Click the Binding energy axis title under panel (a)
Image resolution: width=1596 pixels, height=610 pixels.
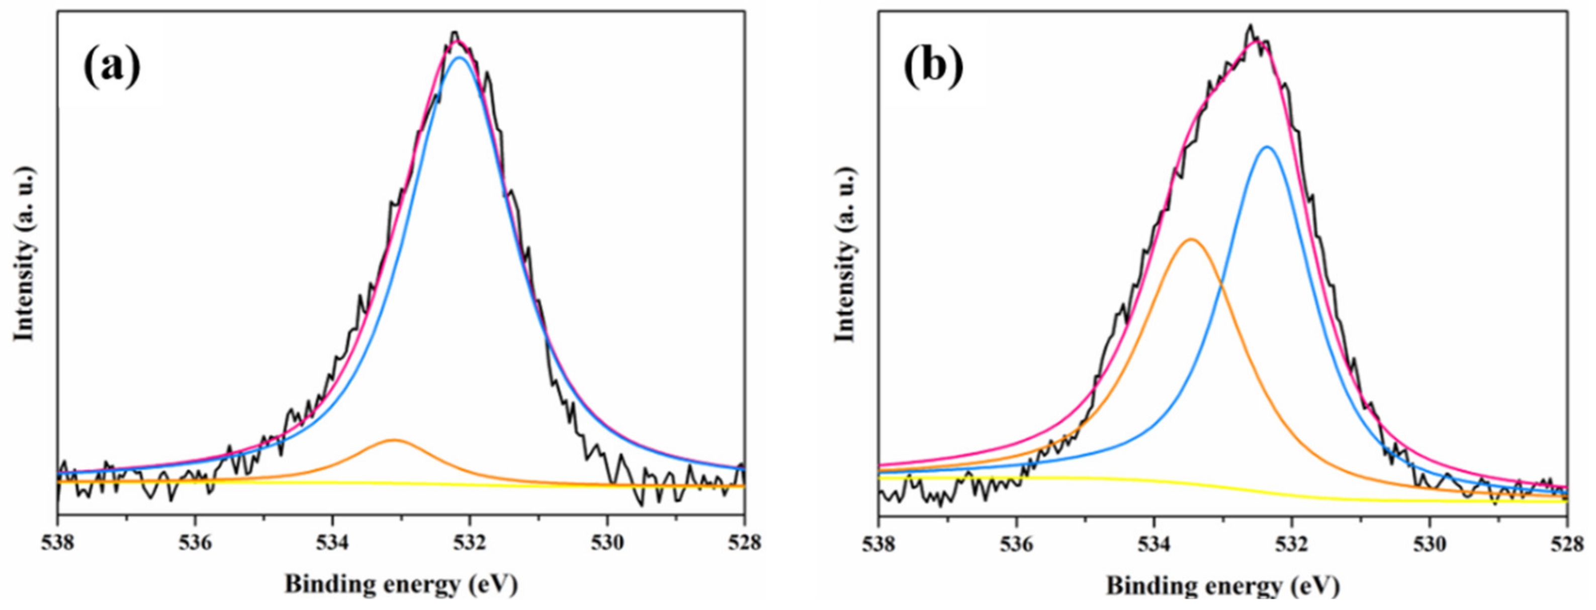401,585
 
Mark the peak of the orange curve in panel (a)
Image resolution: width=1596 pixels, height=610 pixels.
394,440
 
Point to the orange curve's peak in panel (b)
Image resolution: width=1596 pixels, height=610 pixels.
1191,239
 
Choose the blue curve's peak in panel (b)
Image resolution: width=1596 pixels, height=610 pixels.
1267,147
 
